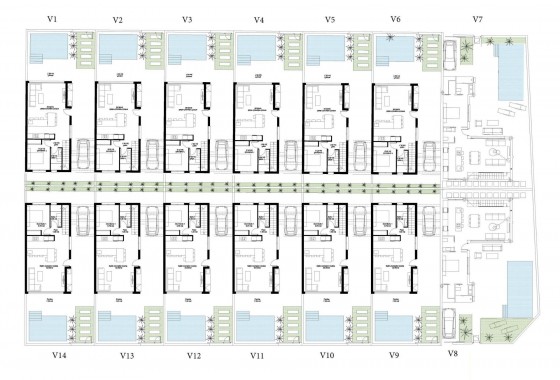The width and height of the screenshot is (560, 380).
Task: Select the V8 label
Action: pyautogui.click(x=452, y=354)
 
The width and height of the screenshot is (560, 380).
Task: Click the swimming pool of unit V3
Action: pyautogui.click(x=186, y=47)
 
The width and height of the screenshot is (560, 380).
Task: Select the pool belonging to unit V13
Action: pyautogui.click(x=117, y=328)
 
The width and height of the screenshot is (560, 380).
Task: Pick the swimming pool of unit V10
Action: pyautogui.click(x=325, y=328)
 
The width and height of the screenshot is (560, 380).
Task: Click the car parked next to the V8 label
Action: pyautogui.click(x=452, y=322)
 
